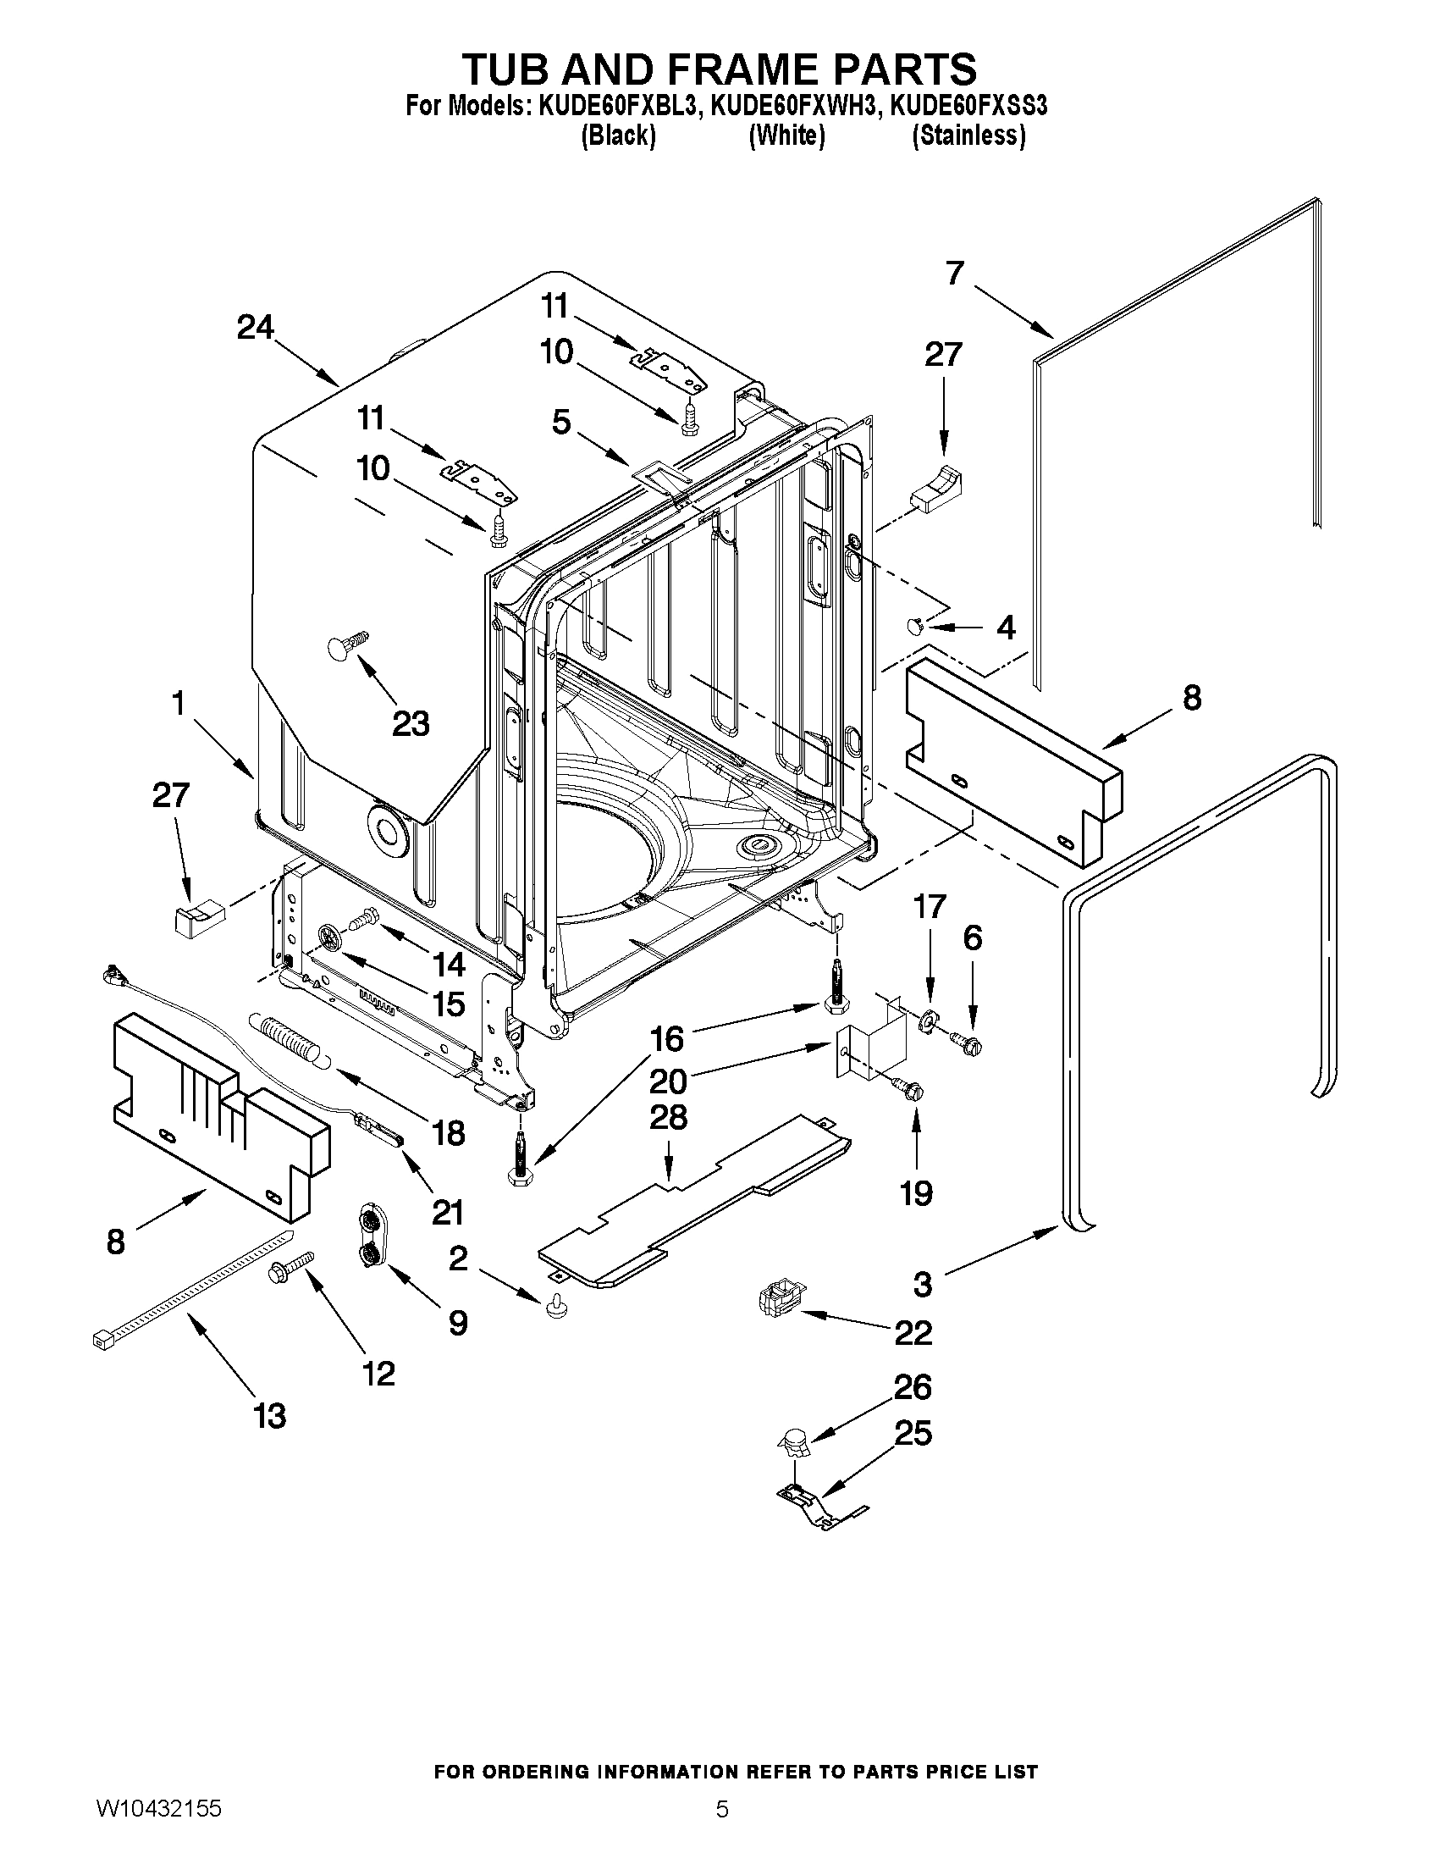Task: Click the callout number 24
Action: (255, 327)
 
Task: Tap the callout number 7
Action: (955, 273)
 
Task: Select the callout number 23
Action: (411, 724)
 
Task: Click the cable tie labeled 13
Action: (192, 1290)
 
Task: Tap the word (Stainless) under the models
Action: (968, 135)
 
